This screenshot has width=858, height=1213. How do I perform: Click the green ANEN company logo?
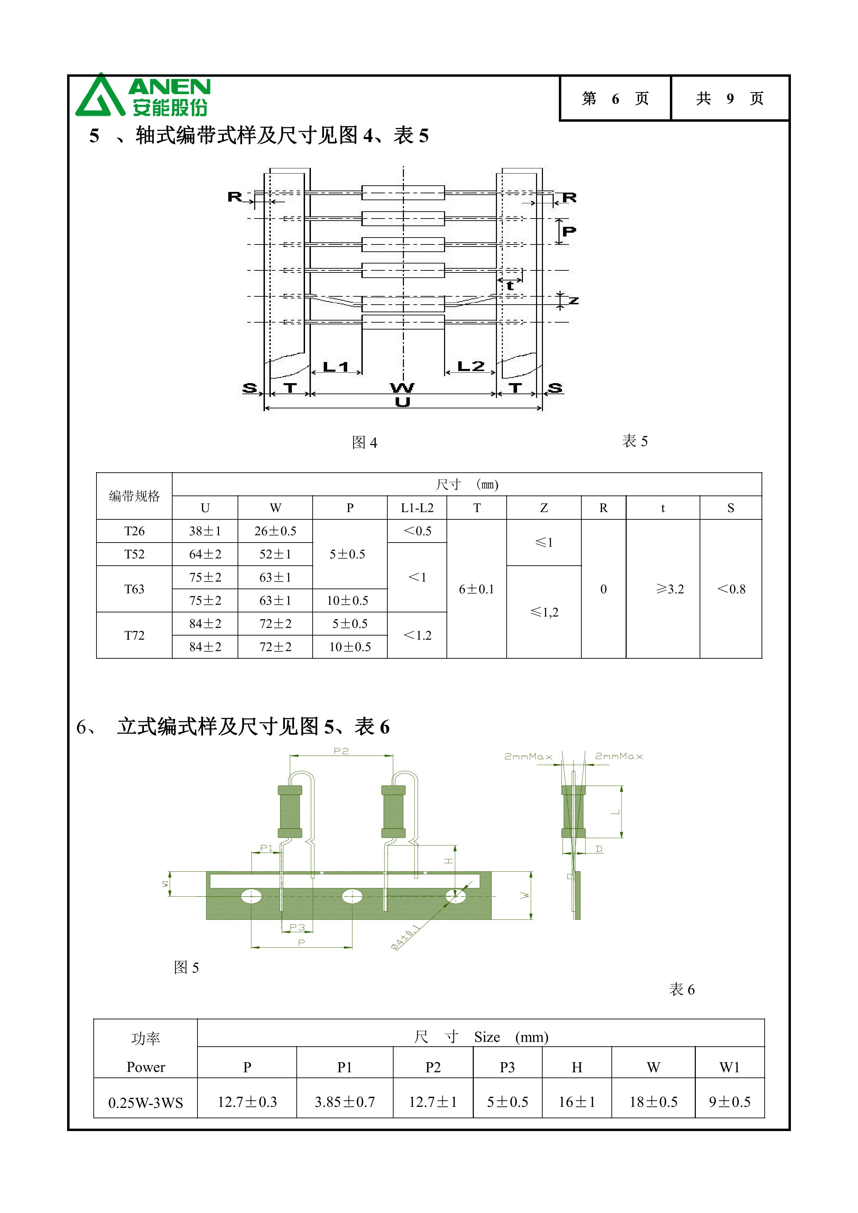click(x=142, y=95)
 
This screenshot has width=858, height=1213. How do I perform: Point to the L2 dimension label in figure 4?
click(x=470, y=366)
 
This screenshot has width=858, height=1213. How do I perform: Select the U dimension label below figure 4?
click(x=403, y=402)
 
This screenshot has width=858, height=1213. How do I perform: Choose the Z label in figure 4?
click(x=573, y=300)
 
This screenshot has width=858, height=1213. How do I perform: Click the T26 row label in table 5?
click(x=134, y=531)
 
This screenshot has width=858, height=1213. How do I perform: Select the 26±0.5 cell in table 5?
click(x=275, y=531)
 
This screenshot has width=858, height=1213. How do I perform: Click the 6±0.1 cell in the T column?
click(x=477, y=589)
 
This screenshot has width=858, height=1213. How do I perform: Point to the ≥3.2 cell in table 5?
click(x=670, y=589)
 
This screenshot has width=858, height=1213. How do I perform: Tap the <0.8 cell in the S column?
click(x=731, y=589)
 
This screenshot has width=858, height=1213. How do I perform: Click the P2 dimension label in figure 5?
click(x=341, y=751)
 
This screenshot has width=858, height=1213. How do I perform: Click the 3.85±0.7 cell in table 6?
click(x=344, y=1102)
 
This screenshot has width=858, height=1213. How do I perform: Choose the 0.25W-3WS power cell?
click(x=146, y=1103)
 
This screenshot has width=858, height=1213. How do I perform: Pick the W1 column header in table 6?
click(x=730, y=1067)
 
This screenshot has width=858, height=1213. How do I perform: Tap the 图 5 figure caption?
click(x=186, y=967)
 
